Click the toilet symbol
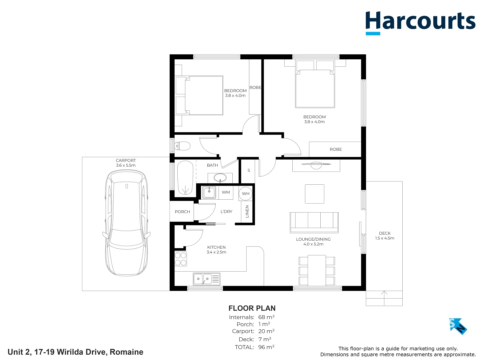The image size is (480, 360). (182, 146)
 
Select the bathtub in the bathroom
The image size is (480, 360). (185, 178)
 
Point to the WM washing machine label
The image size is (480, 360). (226, 192)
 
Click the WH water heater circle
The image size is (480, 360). (246, 194)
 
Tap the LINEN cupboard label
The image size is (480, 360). (247, 211)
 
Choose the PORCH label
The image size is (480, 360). (182, 212)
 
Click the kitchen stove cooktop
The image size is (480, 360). (181, 259)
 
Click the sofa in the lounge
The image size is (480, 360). (314, 222)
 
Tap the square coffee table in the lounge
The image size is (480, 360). (314, 194)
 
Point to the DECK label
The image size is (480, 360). (385, 233)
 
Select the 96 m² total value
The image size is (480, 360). (266, 347)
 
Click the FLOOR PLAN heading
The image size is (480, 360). (252, 308)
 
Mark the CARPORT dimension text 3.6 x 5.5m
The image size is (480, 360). (126, 165)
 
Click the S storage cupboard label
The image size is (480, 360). (249, 170)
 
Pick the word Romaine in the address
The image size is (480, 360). (126, 352)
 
